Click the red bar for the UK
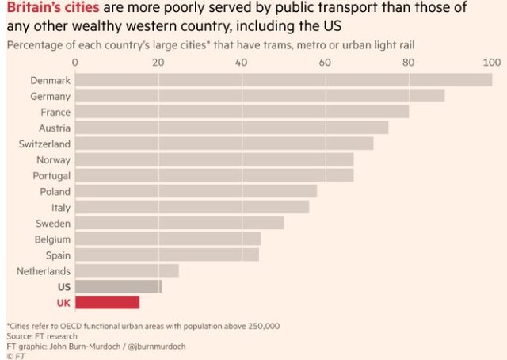107,302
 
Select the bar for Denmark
284,80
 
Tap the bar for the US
118,286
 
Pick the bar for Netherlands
127,270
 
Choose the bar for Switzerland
224,144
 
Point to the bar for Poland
196,191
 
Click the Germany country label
50,96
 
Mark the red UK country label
63,302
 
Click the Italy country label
61,207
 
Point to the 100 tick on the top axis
492,62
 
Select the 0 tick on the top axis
75,62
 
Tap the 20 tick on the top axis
158,62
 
